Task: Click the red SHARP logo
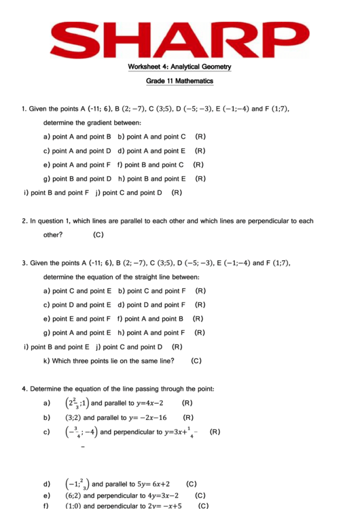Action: [x=179, y=40]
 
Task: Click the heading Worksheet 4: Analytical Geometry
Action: [x=179, y=67]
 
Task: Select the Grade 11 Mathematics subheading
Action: [x=179, y=81]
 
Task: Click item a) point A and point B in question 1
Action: [x=76, y=137]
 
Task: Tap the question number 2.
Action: [x=24, y=221]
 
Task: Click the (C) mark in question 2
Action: [x=98, y=234]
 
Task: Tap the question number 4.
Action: [x=24, y=389]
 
